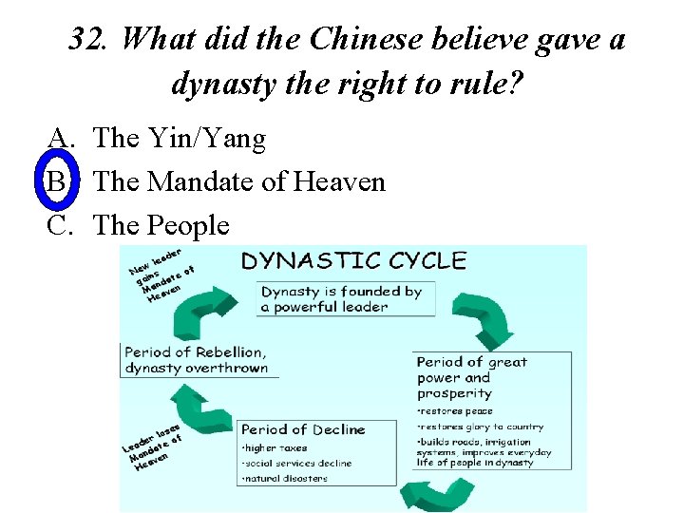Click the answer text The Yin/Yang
[180, 139]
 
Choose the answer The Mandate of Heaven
[239, 181]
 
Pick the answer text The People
[161, 225]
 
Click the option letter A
[60, 139]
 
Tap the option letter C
[60, 225]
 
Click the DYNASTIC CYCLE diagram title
[353, 261]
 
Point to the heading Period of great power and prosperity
[472, 377]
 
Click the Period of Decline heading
[302, 429]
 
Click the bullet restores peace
[457, 411]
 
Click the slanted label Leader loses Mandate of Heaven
[152, 444]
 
